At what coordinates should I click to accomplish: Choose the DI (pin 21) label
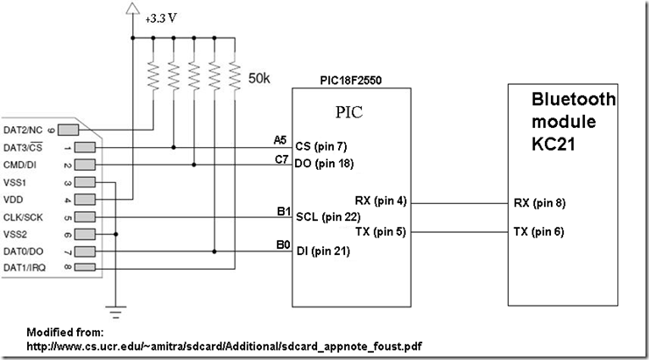326,252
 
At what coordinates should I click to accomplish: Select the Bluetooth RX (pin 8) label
540,202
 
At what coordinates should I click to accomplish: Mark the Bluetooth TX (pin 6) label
540,232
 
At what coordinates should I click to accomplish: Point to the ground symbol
116,307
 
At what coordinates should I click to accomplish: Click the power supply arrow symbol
133,10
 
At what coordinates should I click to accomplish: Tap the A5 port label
280,139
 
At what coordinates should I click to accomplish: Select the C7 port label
280,159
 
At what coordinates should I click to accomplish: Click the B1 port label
280,211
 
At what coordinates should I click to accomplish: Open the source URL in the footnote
225,347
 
